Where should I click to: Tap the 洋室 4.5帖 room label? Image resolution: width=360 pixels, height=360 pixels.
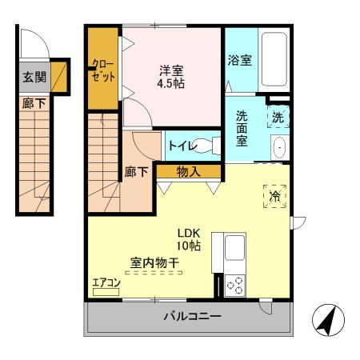coord(172,75)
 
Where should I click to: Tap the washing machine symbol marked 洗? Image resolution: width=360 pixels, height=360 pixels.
coord(278,117)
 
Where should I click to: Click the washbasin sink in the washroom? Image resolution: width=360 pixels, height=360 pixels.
coord(278,148)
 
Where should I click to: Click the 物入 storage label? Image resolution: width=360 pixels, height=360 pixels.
coord(188,171)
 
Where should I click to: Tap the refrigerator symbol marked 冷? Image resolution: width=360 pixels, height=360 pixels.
coord(273,195)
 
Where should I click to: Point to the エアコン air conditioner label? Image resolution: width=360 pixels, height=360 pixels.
coord(106,282)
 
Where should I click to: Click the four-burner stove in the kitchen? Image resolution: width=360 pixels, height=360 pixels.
coord(236,286)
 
